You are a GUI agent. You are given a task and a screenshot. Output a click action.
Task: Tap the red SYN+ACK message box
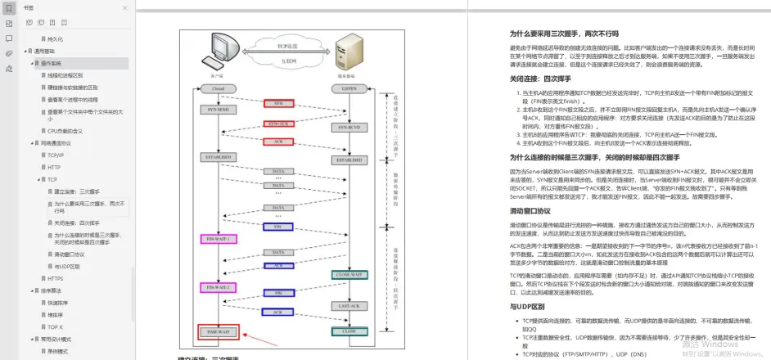point(279,124)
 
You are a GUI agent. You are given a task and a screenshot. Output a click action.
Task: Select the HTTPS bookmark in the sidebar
point(55,278)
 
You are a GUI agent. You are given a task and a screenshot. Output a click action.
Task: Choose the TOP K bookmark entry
point(55,326)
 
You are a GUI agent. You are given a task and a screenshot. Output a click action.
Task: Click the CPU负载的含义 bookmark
point(65,130)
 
